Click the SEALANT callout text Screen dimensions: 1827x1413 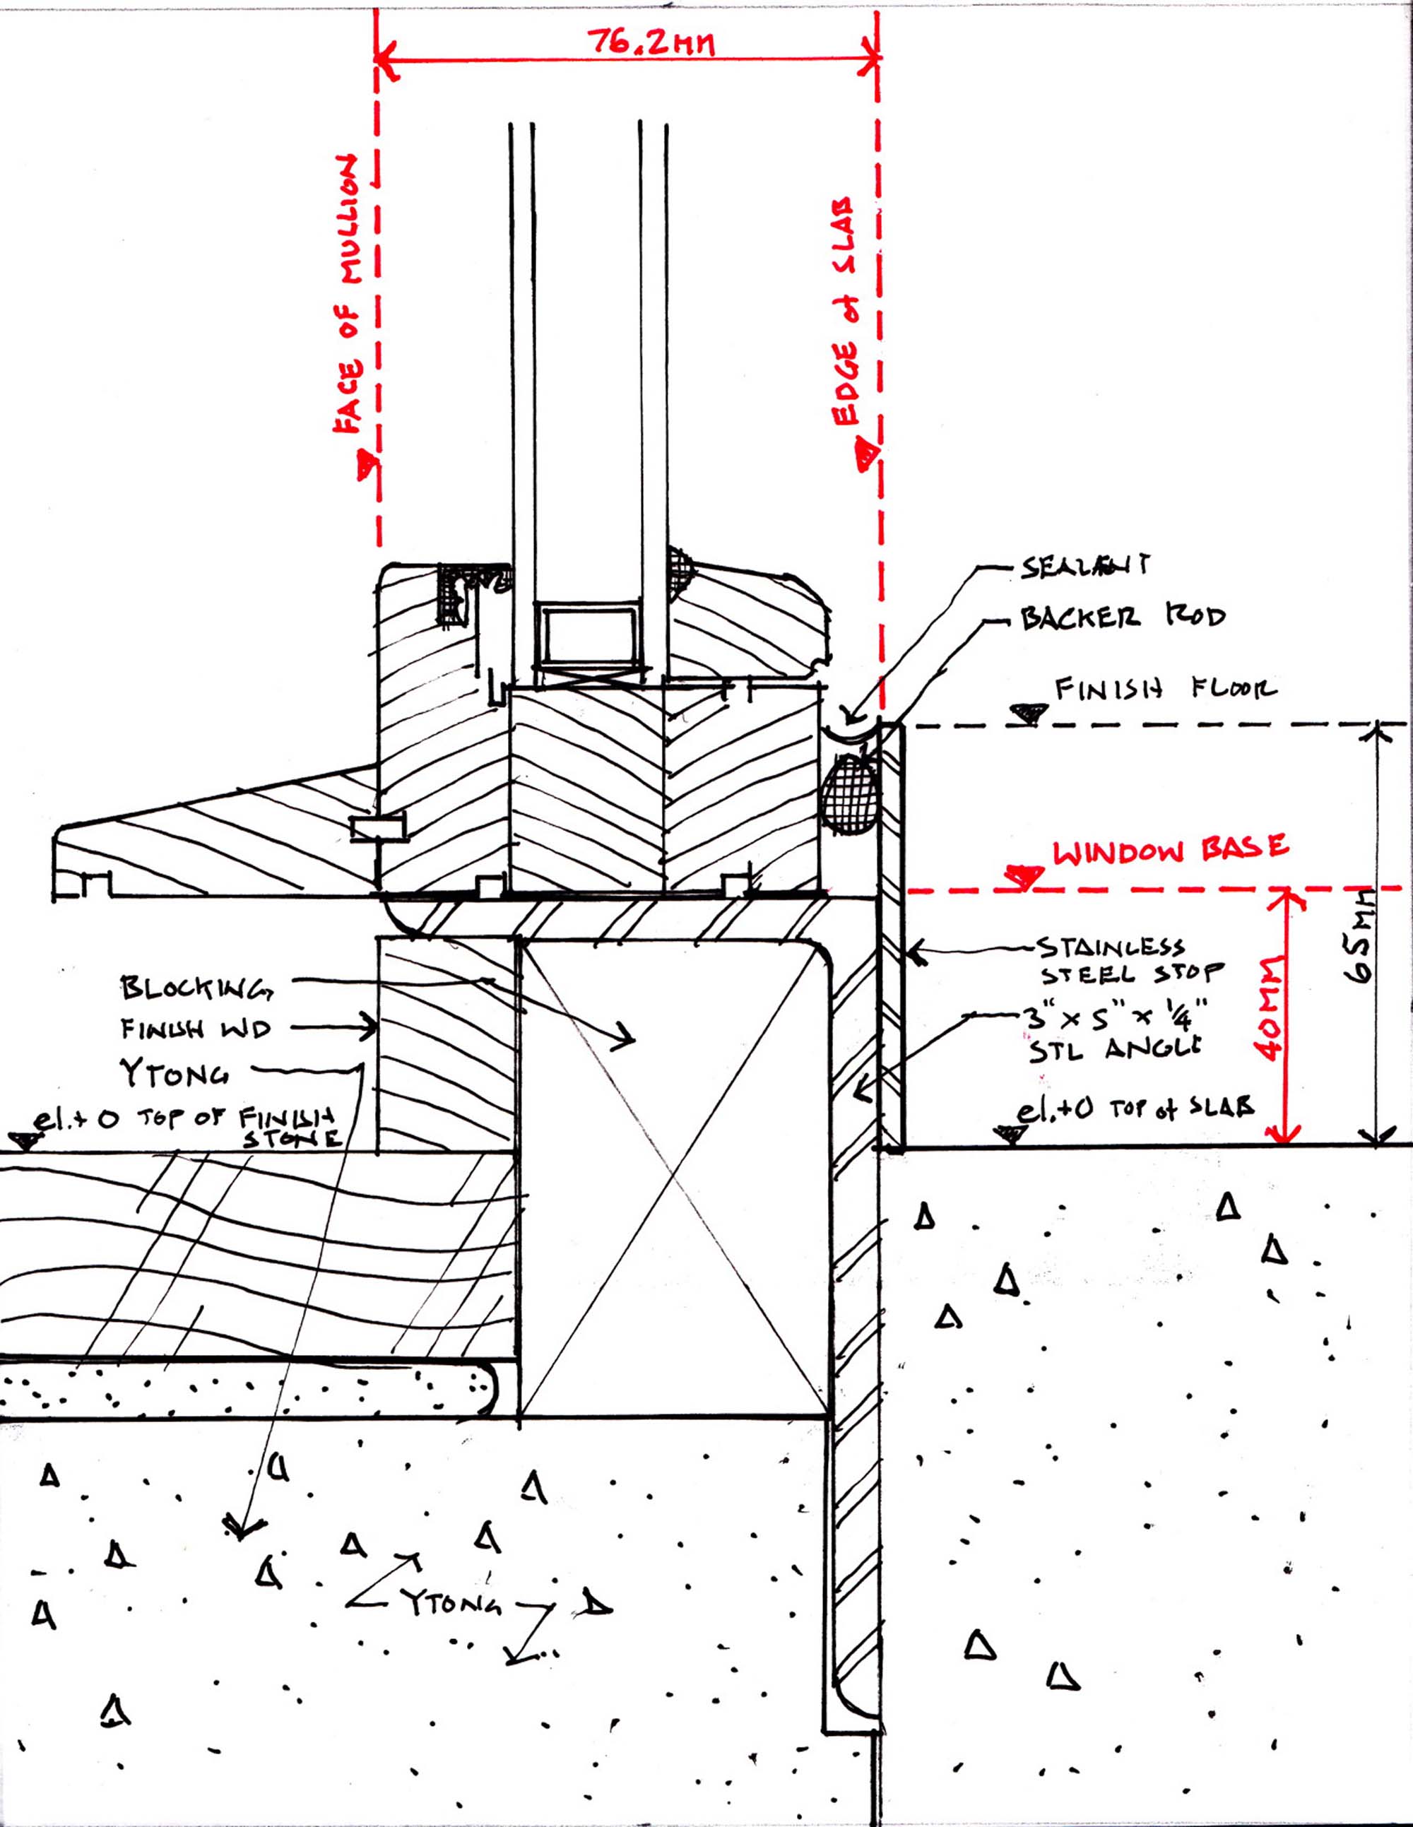click(1084, 567)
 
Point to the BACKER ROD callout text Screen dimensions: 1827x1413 click(1122, 617)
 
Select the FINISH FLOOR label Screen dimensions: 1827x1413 click(1165, 690)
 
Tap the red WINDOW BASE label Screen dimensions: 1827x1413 click(1169, 851)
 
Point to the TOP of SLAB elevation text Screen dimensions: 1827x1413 click(1135, 1109)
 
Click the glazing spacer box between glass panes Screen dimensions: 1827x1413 click(589, 632)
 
